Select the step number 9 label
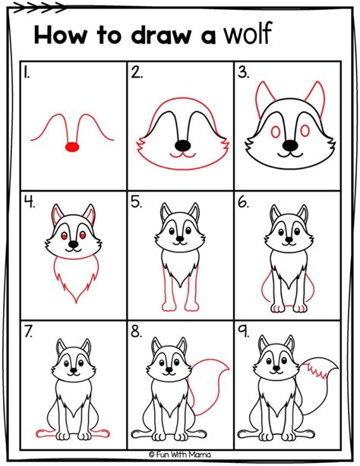pyautogui.click(x=243, y=331)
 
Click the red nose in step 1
pyautogui.click(x=73, y=146)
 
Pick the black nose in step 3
pyautogui.click(x=289, y=144)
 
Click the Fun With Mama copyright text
pyautogui.click(x=180, y=454)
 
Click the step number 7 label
pyautogui.click(x=27, y=331)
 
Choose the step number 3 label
pyautogui.click(x=243, y=73)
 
